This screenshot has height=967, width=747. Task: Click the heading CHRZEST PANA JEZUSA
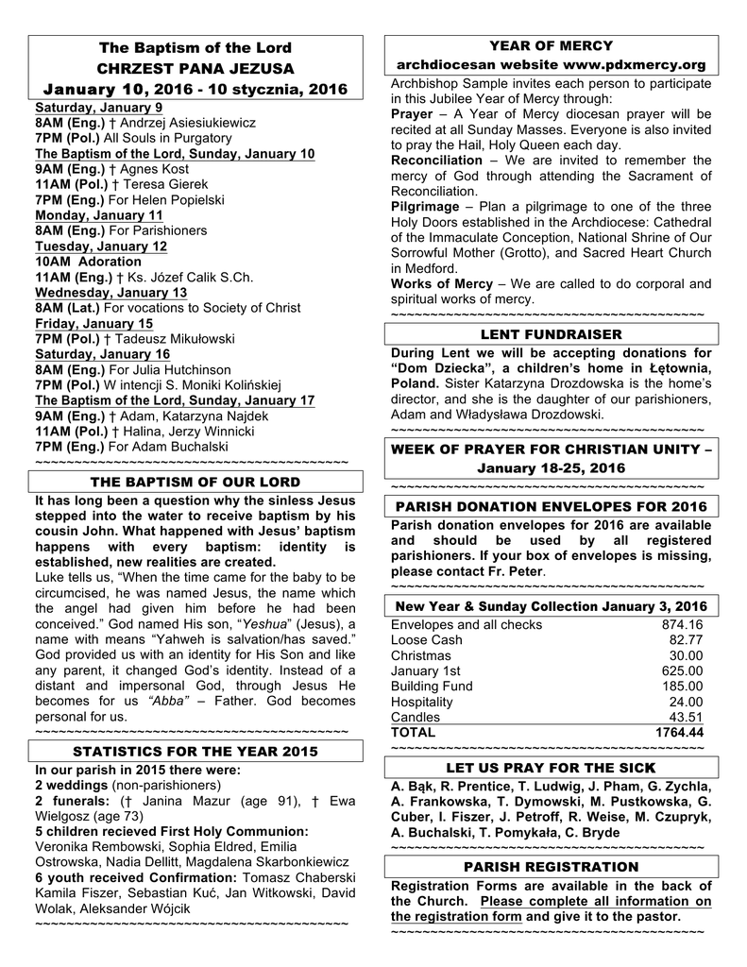click(x=195, y=68)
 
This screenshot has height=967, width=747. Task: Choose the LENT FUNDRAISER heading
click(x=552, y=334)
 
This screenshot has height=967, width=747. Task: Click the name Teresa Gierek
click(x=164, y=184)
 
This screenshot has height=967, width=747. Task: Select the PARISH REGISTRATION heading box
click(x=552, y=867)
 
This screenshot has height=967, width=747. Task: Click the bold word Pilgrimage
click(x=429, y=207)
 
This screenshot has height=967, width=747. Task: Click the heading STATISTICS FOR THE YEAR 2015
click(x=195, y=752)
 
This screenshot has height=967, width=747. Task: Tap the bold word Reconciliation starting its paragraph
click(x=435, y=161)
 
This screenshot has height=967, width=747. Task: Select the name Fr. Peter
click(x=516, y=571)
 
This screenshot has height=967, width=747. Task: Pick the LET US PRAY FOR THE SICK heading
click(x=552, y=769)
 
